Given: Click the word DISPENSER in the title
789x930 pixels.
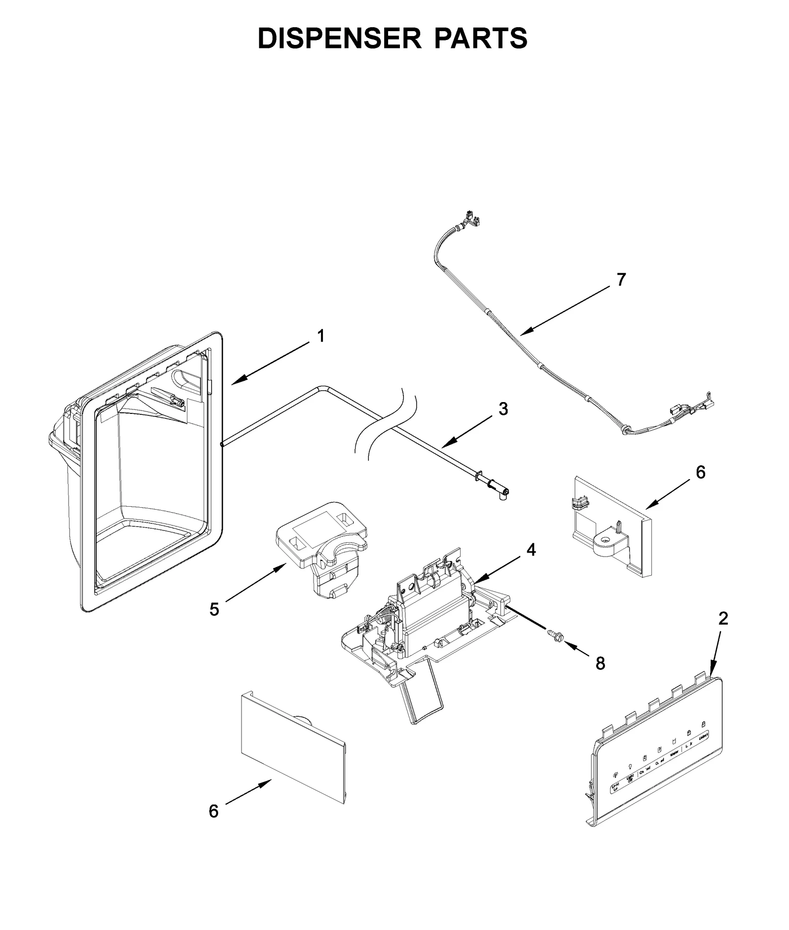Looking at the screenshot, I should [x=340, y=38].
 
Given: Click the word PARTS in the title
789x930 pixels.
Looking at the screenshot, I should [x=481, y=38].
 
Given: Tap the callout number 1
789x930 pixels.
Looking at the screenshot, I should [x=321, y=336].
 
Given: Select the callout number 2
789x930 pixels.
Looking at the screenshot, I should [x=723, y=619].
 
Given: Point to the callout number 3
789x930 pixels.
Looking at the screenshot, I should [x=503, y=409].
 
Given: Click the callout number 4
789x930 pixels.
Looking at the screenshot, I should [x=531, y=550].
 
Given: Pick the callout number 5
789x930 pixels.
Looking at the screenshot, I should [x=214, y=610].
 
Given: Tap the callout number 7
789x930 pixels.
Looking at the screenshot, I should [x=621, y=280].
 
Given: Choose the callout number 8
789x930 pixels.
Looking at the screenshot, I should [x=600, y=664].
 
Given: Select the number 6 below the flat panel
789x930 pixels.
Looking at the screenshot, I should [x=214, y=811].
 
